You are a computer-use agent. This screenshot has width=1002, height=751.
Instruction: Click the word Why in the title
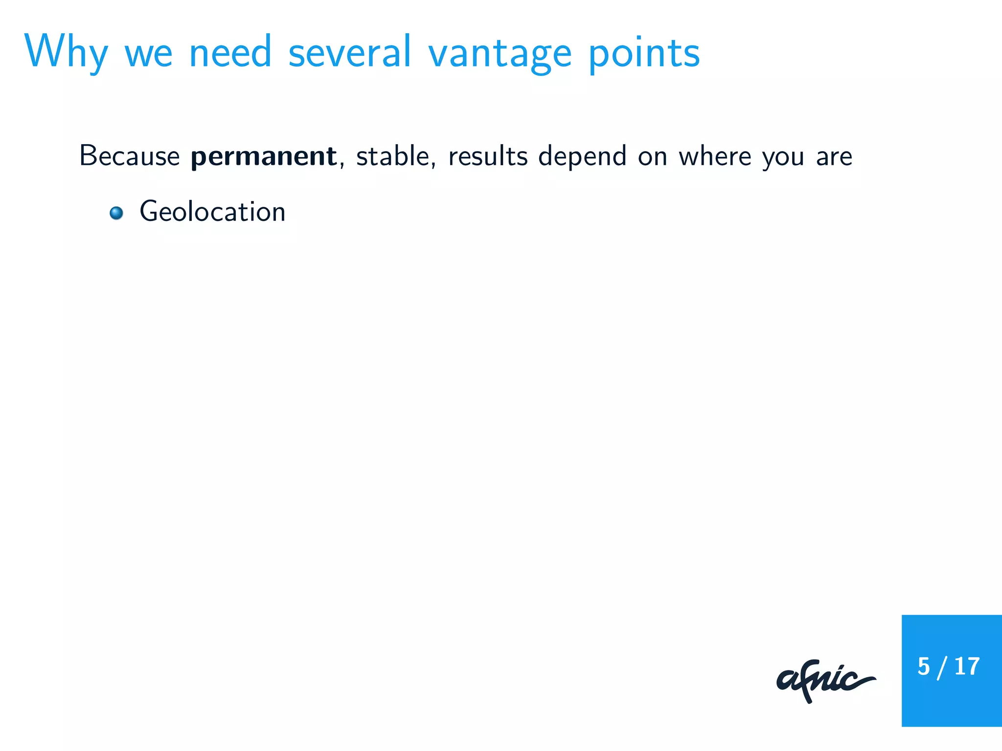point(66,53)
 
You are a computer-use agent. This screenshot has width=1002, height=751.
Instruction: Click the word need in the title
point(230,53)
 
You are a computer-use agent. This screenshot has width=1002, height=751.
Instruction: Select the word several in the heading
point(350,53)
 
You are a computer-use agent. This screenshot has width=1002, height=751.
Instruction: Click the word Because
point(130,156)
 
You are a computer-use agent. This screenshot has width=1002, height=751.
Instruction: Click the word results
point(488,156)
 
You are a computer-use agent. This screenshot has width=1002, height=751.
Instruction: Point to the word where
point(715,156)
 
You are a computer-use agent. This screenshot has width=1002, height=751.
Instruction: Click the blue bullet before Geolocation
point(116,213)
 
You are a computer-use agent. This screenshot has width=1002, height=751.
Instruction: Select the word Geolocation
point(212,212)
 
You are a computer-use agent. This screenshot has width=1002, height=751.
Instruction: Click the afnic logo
point(825,680)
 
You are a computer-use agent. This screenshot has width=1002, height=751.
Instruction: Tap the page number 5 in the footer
point(923,666)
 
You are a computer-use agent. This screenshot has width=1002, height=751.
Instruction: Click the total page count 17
point(967,666)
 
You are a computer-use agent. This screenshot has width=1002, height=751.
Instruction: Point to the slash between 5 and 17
point(941,668)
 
